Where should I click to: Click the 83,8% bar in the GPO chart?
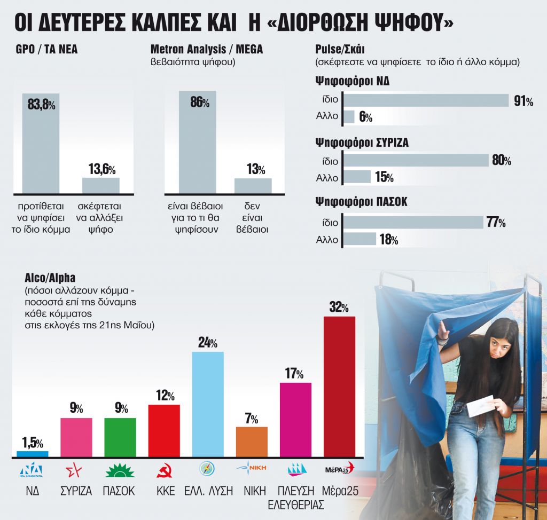(x=41, y=144)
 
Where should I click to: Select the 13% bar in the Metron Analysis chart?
(x=253, y=186)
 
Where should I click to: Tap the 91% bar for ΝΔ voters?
(x=425, y=100)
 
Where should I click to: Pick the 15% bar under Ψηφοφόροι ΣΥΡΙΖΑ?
(x=357, y=177)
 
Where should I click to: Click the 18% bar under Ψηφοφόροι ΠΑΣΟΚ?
(x=360, y=239)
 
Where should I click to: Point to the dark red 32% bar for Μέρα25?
(x=340, y=387)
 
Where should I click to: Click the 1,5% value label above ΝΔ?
(x=32, y=443)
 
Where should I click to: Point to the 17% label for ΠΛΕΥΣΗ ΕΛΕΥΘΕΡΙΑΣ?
(x=295, y=374)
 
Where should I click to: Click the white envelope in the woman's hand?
(x=482, y=406)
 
